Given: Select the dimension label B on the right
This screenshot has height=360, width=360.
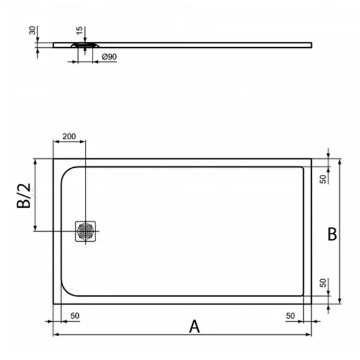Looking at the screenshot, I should [332, 234].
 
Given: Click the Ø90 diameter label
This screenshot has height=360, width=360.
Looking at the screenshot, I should [109, 56].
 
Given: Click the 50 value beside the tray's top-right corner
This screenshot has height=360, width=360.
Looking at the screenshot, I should [322, 179].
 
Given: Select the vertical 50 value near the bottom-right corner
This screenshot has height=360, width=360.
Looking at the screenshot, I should [322, 283].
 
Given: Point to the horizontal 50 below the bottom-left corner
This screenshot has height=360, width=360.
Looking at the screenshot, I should [76, 315].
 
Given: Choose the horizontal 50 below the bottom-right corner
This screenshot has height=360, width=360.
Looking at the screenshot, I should [291, 315].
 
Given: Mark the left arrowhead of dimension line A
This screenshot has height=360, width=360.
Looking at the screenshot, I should [56, 334].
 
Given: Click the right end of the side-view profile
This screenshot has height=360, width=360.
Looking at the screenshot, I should [310, 44].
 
